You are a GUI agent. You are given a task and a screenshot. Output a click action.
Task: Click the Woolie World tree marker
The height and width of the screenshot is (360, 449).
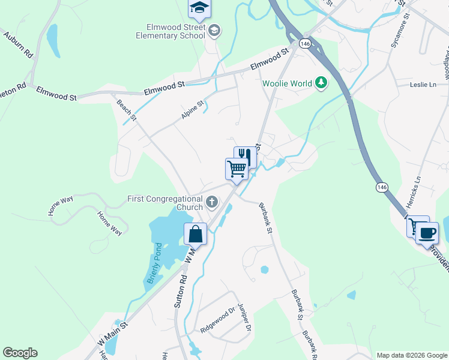(x=322, y=83)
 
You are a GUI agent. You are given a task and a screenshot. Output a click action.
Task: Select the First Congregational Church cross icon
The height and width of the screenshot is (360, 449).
(x=211, y=203)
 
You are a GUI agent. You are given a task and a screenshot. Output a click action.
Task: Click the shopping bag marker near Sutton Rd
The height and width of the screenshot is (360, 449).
(x=196, y=233)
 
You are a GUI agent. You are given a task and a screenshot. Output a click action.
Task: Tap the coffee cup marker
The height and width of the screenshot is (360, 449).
(x=427, y=232)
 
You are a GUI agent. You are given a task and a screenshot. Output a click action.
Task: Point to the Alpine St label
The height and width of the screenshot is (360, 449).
(x=192, y=109)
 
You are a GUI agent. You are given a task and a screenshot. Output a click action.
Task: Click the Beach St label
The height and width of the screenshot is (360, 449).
(x=126, y=110)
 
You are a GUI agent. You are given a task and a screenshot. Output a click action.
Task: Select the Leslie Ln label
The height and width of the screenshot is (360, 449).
(x=423, y=85)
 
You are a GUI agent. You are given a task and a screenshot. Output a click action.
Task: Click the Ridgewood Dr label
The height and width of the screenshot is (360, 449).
(x=217, y=321)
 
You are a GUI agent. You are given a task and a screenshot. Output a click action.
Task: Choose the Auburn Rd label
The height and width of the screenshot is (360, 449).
(x=17, y=45)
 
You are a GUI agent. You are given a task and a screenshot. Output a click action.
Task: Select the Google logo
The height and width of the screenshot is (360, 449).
(x=20, y=353)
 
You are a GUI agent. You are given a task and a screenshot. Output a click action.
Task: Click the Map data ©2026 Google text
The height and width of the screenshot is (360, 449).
(x=411, y=355)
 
